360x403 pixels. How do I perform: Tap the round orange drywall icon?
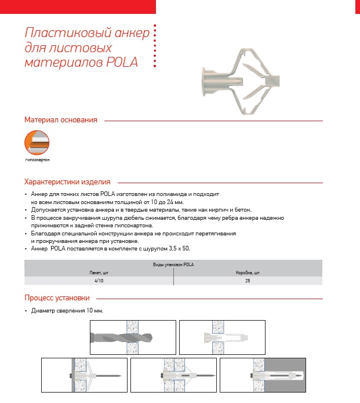pos(36,143)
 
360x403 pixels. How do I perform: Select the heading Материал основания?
pos(60,120)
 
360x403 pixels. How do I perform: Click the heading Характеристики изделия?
pos(67,181)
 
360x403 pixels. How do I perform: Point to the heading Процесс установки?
pos(57,298)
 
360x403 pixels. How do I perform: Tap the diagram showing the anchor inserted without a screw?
pos(222,337)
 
